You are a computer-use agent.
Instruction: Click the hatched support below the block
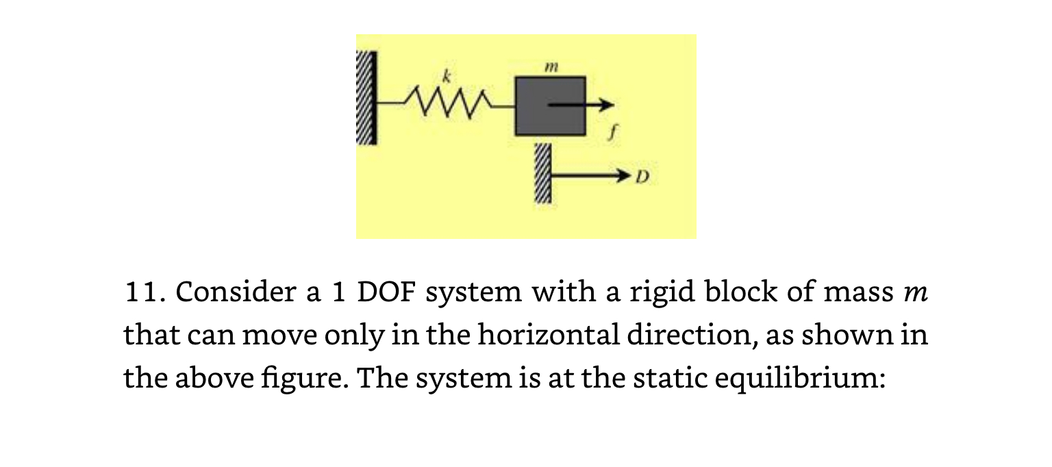pyautogui.click(x=542, y=175)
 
